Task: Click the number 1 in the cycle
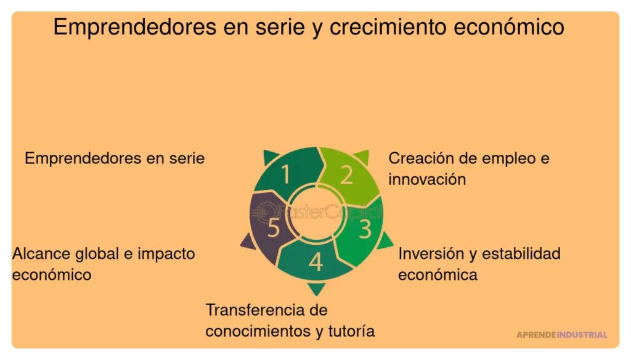(x=285, y=175)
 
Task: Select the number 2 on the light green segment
(x=347, y=175)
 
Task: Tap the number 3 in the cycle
(x=365, y=229)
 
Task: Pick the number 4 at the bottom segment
(x=315, y=262)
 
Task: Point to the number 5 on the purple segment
(x=274, y=229)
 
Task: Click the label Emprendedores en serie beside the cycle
(x=115, y=158)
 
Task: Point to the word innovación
(x=426, y=179)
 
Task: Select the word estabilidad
(x=521, y=253)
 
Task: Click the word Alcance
(x=41, y=253)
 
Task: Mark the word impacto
(x=166, y=253)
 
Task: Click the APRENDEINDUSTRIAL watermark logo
(x=561, y=335)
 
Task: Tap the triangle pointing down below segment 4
(x=316, y=288)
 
